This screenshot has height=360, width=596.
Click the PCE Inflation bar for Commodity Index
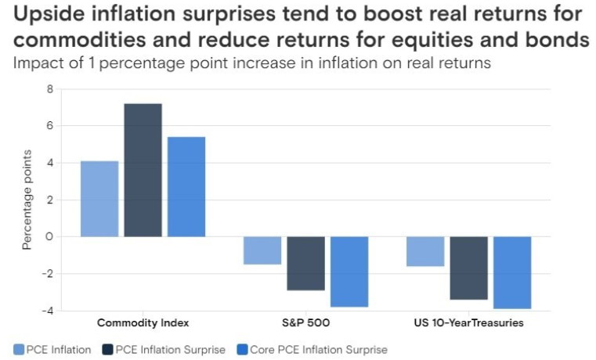(x=99, y=199)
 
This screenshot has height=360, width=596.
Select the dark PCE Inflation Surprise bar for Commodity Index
(x=143, y=170)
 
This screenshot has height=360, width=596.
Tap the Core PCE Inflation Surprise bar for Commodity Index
(x=186, y=187)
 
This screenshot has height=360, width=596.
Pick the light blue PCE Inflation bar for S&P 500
(x=262, y=250)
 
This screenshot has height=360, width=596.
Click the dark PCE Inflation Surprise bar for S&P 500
(x=306, y=264)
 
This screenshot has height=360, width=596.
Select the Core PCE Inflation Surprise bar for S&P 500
(x=349, y=272)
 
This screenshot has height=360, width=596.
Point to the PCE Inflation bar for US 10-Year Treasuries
(x=425, y=251)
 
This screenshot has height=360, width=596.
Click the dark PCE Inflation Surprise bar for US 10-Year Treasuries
(x=468, y=268)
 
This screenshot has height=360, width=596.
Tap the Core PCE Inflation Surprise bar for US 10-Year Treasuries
(x=512, y=272)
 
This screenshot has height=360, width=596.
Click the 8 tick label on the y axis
(x=50, y=89)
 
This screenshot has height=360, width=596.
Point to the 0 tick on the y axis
(x=49, y=236)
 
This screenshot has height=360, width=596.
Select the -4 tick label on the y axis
(x=48, y=311)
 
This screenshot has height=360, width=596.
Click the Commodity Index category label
(x=143, y=322)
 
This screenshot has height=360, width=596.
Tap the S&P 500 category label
(x=306, y=322)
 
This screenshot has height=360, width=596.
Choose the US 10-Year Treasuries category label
(x=468, y=322)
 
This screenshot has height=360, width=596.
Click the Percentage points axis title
(x=27, y=200)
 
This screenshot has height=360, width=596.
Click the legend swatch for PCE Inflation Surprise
(x=108, y=349)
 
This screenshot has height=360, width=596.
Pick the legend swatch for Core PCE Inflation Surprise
(x=242, y=349)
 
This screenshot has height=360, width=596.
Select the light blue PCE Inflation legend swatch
(x=19, y=349)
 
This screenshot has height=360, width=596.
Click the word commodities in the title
(x=80, y=39)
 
